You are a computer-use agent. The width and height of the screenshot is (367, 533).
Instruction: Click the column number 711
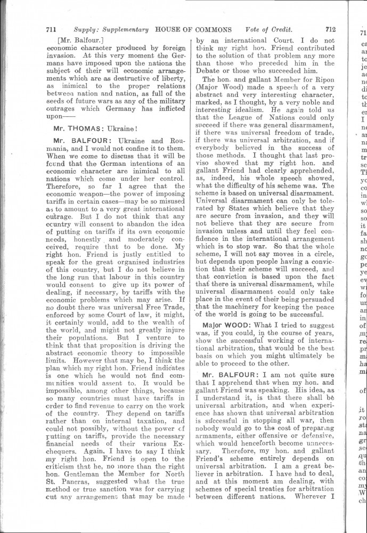pyautogui.click(x=52, y=30)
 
